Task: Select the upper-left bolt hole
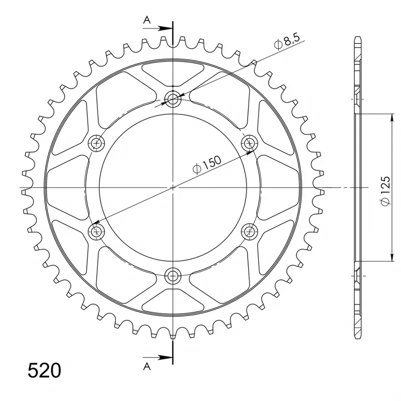97,143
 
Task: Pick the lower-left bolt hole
97,231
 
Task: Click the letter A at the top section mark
147,20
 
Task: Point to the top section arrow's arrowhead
169,29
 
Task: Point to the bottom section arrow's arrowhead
169,357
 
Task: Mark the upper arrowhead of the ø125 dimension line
391,117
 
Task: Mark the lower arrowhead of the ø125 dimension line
391,258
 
